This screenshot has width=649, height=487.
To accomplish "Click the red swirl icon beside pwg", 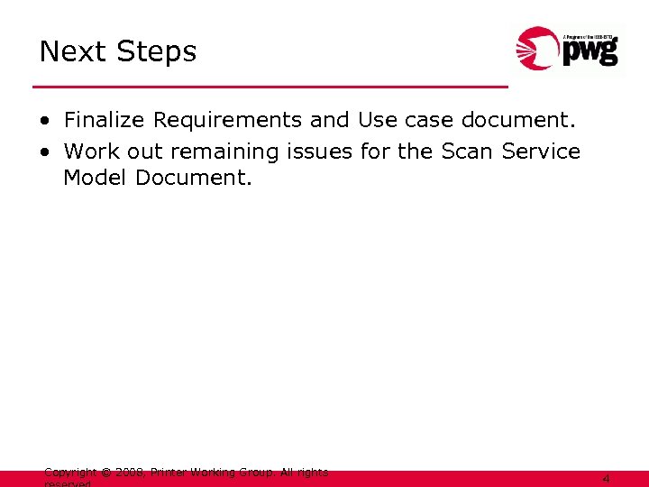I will click(538, 49).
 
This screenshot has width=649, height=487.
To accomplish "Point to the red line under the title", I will click(270, 87).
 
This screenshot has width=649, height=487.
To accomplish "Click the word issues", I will click(320, 152).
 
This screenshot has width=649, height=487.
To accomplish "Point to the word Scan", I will click(466, 152).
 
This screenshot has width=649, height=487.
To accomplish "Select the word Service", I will click(540, 152).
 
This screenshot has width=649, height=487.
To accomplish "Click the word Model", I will click(96, 178).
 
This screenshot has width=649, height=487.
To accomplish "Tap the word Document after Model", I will click(194, 178).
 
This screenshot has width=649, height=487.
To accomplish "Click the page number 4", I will click(606, 479).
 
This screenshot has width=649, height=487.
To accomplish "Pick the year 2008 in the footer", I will click(130, 472).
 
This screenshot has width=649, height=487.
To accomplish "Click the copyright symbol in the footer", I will click(105, 472).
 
